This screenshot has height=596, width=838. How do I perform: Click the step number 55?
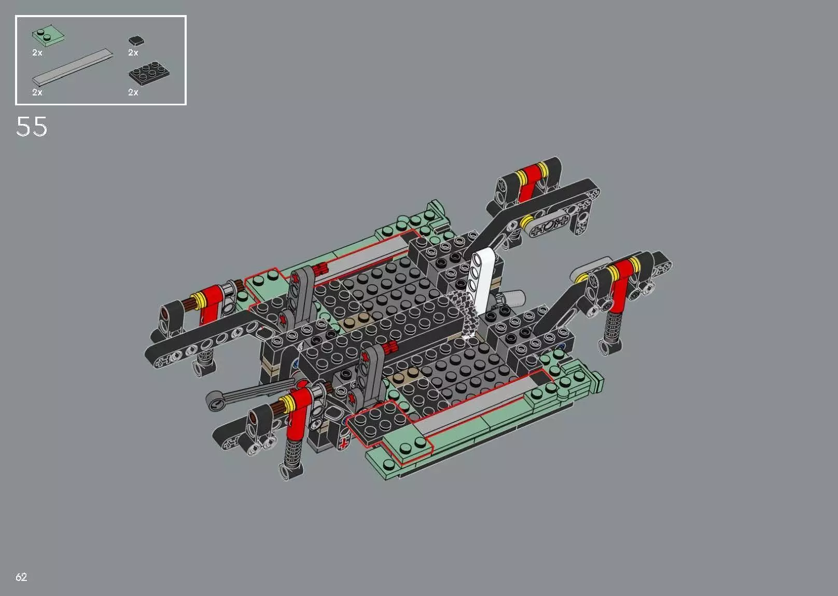[x=32, y=127]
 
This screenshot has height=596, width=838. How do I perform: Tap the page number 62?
[x=21, y=577]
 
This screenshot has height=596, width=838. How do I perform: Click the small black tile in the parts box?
[x=136, y=40]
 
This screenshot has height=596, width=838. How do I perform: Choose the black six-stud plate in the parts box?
[x=149, y=75]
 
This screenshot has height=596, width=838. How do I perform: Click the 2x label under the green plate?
[x=37, y=53]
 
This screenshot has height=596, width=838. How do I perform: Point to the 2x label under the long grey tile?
[x=37, y=92]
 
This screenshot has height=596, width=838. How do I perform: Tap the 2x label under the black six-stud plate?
[x=133, y=92]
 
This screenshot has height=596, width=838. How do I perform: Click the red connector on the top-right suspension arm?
[x=529, y=183]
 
